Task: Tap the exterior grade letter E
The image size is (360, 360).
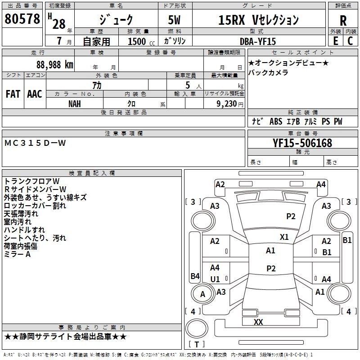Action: (335, 40)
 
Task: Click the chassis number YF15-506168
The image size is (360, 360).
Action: (302, 143)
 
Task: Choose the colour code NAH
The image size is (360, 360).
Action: (75, 103)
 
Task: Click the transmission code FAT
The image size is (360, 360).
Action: (13, 94)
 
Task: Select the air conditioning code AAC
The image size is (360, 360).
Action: (35, 94)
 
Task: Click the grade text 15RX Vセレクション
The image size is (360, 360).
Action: (258, 20)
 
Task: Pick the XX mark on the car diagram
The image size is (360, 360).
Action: (258, 322)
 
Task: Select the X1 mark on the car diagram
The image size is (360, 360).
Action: (284, 237)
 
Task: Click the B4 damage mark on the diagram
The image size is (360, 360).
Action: (195, 276)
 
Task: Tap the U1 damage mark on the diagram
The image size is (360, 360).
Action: (215, 279)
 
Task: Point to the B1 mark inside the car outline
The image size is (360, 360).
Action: (327, 252)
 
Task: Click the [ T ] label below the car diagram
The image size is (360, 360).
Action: (197, 345)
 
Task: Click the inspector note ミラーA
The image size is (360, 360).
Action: (18, 254)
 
